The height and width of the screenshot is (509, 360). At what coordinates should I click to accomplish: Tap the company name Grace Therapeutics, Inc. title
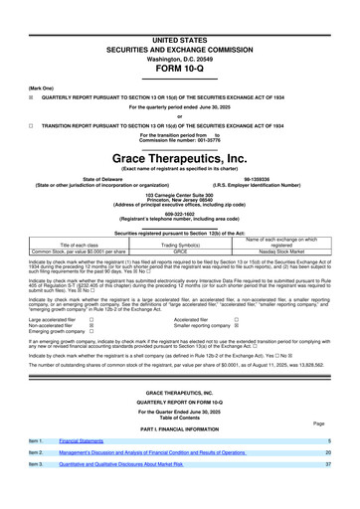tap(179, 158)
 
